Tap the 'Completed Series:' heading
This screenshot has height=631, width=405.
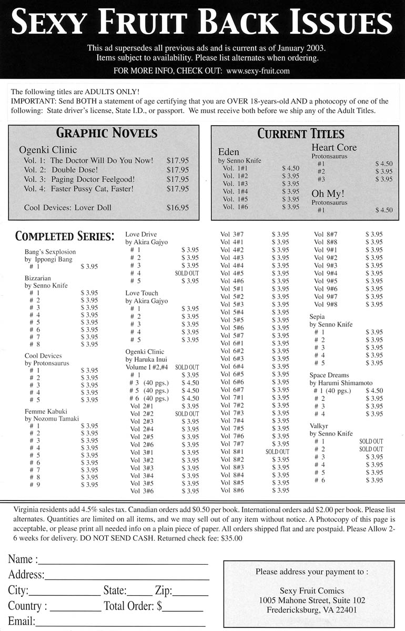(x=65, y=236)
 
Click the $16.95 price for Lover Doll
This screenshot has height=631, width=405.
(x=177, y=208)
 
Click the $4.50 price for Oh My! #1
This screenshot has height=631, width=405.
(x=383, y=210)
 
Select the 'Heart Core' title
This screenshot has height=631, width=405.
(x=334, y=148)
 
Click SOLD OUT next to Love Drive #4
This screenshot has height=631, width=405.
(x=187, y=273)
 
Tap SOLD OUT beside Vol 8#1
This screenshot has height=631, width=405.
(x=277, y=452)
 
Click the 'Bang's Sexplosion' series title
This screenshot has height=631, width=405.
(x=50, y=252)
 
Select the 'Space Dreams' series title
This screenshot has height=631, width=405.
(x=329, y=375)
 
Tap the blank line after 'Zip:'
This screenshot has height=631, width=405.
(x=190, y=592)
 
